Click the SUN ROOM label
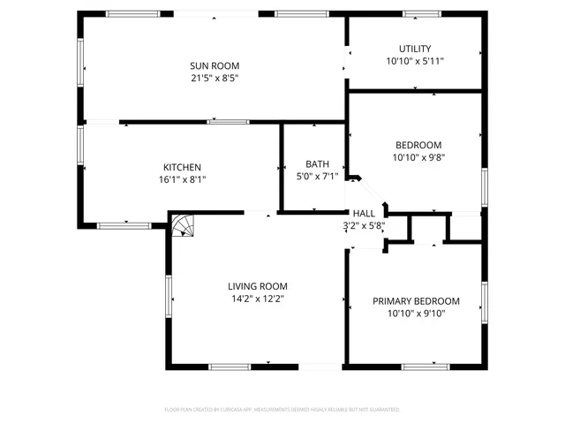[215, 65]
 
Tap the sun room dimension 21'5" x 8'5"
[215, 78]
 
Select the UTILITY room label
[415, 49]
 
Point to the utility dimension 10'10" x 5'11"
[415, 62]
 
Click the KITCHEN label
[182, 167]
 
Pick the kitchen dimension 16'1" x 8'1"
[182, 179]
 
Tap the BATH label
[317, 163]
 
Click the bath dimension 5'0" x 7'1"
[317, 176]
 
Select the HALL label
[364, 213]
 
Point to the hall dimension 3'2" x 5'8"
[364, 225]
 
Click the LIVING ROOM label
[257, 285]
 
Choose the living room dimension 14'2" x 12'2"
[257, 299]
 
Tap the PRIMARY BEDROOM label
[416, 301]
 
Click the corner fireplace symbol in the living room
[181, 226]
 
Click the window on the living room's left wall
[168, 294]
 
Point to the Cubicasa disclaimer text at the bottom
[282, 410]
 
